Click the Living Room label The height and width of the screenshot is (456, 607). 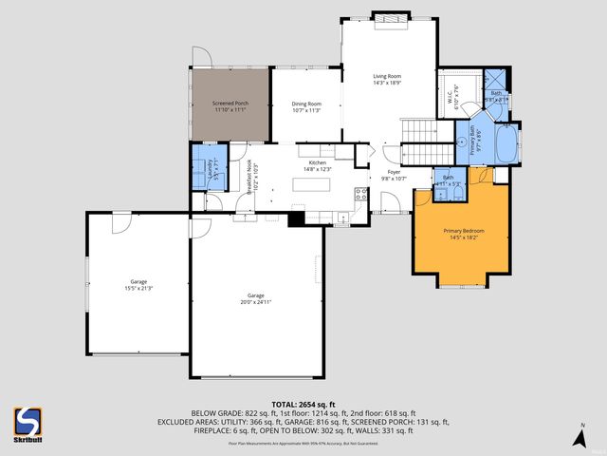click(386, 79)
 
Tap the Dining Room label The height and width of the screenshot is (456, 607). click(305, 106)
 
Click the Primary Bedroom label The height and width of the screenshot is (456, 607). click(459, 234)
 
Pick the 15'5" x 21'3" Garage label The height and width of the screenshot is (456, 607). click(138, 284)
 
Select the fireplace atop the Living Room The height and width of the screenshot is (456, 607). click(386, 17)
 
